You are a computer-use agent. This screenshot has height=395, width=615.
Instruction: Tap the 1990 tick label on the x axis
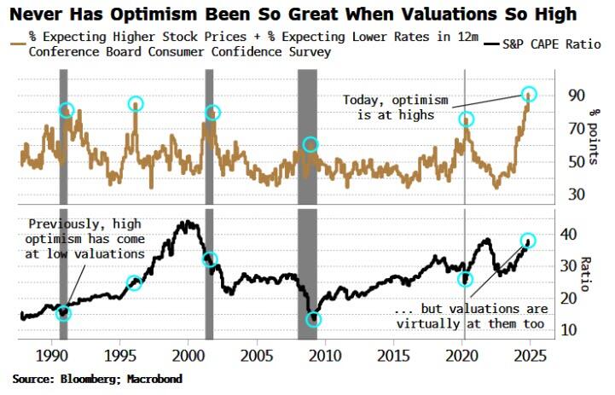[52, 354]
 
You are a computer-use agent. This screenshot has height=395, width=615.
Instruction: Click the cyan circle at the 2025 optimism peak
[529, 94]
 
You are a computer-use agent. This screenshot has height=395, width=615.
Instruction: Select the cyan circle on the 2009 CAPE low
[314, 319]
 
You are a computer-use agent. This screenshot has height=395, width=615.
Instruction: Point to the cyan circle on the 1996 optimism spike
[136, 104]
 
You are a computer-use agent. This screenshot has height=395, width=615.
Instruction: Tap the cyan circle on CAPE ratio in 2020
[466, 279]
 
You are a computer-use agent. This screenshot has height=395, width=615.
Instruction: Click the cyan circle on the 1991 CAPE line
[64, 313]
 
